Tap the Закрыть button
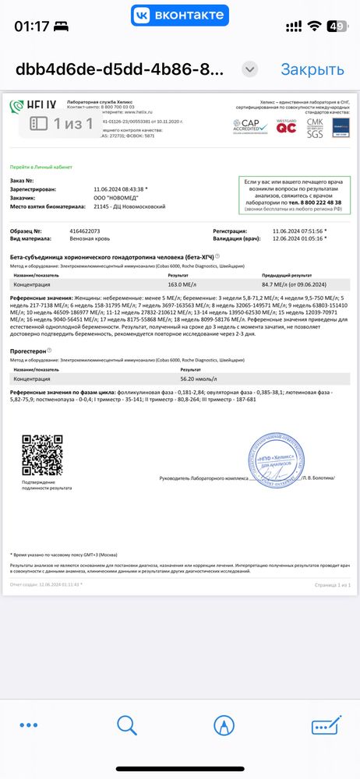pyautogui.click(x=312, y=69)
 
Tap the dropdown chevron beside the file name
pyautogui.click(x=249, y=69)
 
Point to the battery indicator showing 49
pyautogui.click(x=337, y=25)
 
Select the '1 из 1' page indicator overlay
pyautogui.click(x=62, y=123)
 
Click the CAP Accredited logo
pyautogui.click(x=250, y=124)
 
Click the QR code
pyautogui.click(x=42, y=456)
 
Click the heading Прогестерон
pyautogui.click(x=28, y=351)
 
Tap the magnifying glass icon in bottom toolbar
pyautogui.click(x=127, y=726)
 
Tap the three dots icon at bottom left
pyautogui.click(x=29, y=726)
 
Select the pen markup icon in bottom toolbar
pyautogui.click(x=224, y=726)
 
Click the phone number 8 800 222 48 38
pyautogui.click(x=312, y=203)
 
